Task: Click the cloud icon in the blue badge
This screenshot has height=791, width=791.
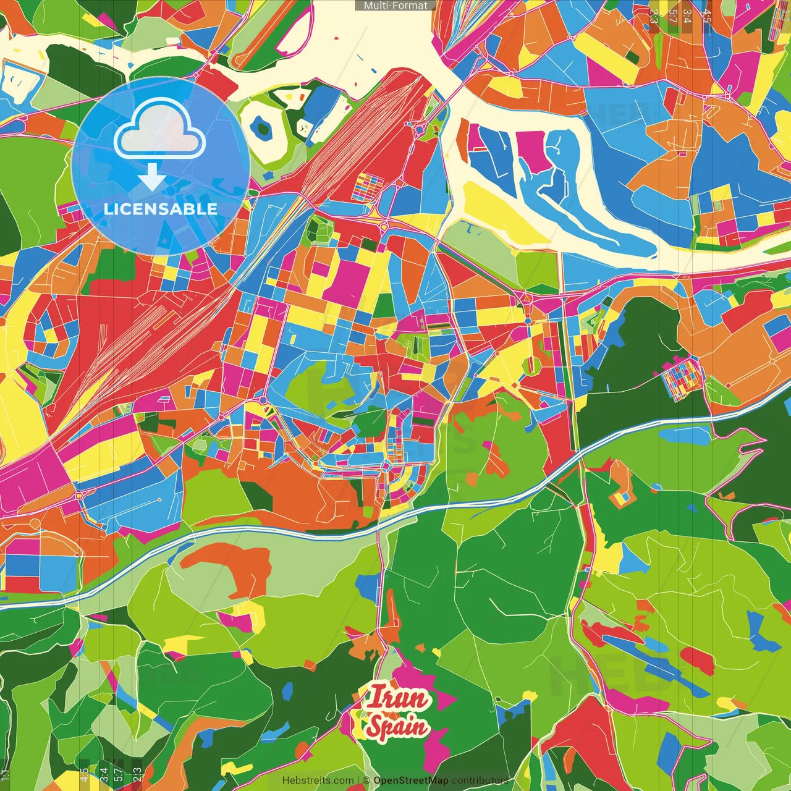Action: pos(159,132)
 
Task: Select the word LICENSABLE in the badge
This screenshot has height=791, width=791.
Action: pos(161,209)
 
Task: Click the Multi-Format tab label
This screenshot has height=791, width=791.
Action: pos(395,6)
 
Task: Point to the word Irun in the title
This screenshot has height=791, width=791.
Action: pos(397,699)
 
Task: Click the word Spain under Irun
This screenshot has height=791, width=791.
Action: pos(396,727)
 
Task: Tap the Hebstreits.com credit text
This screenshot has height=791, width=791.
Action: pos(318,780)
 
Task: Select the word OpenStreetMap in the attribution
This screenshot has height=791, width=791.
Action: pos(410,780)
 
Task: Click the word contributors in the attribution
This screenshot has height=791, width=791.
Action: pos(480,780)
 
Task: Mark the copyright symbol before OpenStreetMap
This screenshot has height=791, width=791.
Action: pos(366,780)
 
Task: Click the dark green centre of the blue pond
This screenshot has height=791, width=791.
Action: pos(264,129)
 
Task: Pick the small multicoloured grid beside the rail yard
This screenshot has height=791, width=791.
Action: pos(368,187)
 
